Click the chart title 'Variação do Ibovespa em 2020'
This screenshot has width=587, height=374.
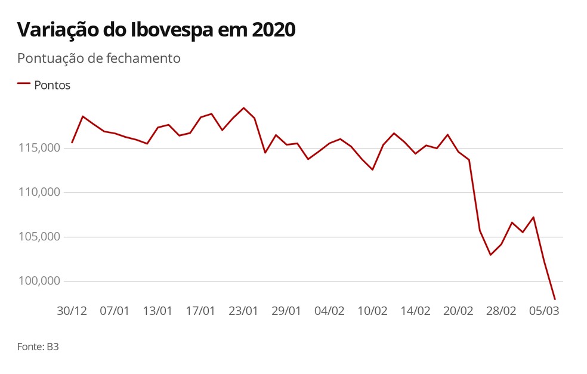156,30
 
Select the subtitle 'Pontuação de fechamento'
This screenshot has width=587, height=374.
98,58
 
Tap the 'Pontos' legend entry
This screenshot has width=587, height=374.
52,85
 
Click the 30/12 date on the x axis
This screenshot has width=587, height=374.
72,311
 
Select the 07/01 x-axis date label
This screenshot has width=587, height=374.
115,311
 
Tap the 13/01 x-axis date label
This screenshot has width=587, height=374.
157,311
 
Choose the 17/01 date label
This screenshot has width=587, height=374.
200,311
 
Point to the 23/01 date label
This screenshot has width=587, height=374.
243,311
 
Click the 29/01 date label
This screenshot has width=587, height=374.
286,311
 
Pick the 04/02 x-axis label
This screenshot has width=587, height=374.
329,311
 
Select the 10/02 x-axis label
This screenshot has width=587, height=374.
372,311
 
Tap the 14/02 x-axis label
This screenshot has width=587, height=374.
415,311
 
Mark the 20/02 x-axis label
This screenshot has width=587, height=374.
458,311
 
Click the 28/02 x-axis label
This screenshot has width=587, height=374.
501,311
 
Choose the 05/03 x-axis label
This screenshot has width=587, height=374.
544,311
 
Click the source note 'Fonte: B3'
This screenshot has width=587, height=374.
38,346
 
